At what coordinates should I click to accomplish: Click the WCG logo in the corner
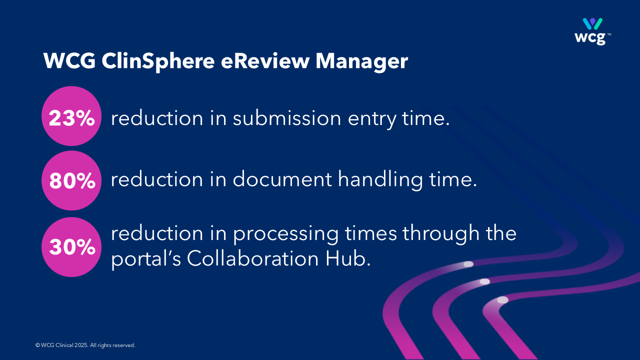pyautogui.click(x=592, y=31)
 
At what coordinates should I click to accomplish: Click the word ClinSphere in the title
pyautogui.click(x=158, y=61)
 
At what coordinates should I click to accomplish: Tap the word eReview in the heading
pyautogui.click(x=265, y=61)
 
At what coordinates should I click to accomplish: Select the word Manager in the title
pyautogui.click(x=361, y=61)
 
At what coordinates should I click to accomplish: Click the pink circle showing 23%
pyautogui.click(x=71, y=116)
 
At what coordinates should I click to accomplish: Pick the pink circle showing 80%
pyautogui.click(x=71, y=180)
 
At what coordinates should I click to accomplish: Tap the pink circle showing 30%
pyautogui.click(x=71, y=247)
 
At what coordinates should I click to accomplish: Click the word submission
pyautogui.click(x=287, y=117)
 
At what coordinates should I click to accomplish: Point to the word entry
pyautogui.click(x=371, y=119)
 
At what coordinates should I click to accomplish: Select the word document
pyautogui.click(x=282, y=179)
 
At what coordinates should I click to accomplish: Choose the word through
pyautogui.click(x=441, y=233)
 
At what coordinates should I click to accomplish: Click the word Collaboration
pyautogui.click(x=253, y=258)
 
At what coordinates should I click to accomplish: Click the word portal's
pyautogui.click(x=146, y=259)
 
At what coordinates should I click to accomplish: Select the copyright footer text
pyautogui.click(x=85, y=345)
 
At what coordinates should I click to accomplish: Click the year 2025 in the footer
pyautogui.click(x=81, y=345)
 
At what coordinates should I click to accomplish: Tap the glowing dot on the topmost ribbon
pyautogui.click(x=468, y=264)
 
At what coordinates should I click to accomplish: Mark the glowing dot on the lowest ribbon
pyautogui.click(x=503, y=300)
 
